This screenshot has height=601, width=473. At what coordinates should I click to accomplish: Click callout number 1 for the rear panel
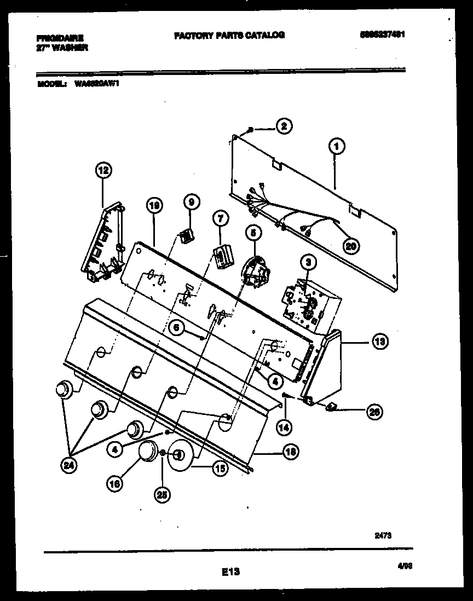[337, 146]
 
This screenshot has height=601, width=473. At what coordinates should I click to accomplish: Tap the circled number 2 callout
[283, 126]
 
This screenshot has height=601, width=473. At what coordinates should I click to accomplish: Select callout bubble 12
[102, 171]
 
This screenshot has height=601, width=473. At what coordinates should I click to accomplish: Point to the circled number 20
[351, 246]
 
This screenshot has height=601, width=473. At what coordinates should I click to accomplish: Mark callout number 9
[191, 202]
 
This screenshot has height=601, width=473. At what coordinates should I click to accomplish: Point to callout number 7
[220, 219]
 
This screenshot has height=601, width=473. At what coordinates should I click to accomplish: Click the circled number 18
[290, 452]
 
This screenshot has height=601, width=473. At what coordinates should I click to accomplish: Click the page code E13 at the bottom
[231, 572]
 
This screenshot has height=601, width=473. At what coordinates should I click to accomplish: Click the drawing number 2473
[383, 536]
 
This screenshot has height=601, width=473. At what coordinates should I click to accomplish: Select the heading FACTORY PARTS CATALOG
[229, 35]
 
